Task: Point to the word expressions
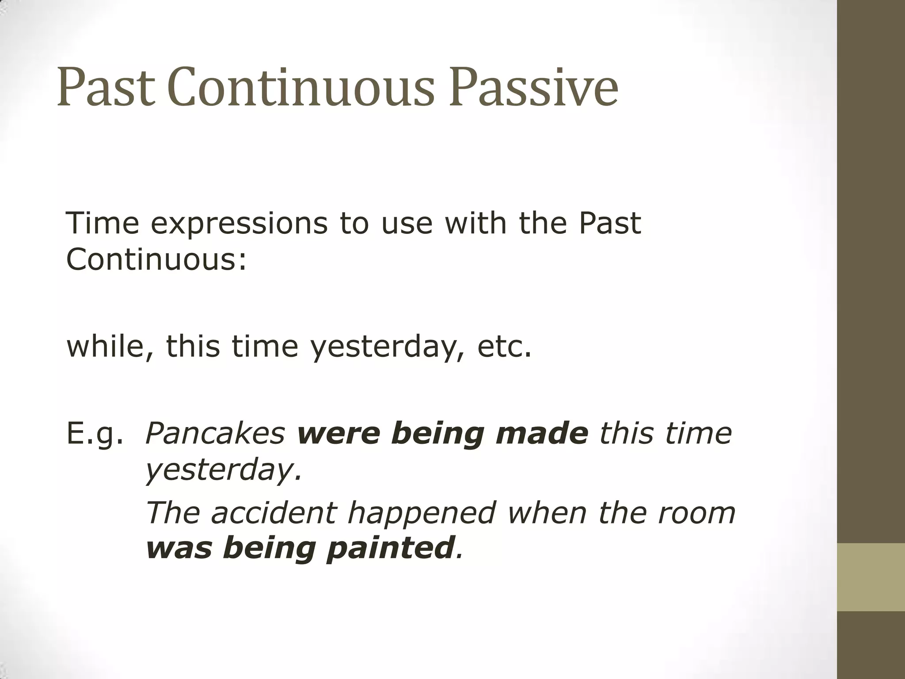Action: (x=239, y=224)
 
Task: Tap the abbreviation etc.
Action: (x=504, y=347)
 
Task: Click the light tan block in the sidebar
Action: (x=871, y=577)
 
